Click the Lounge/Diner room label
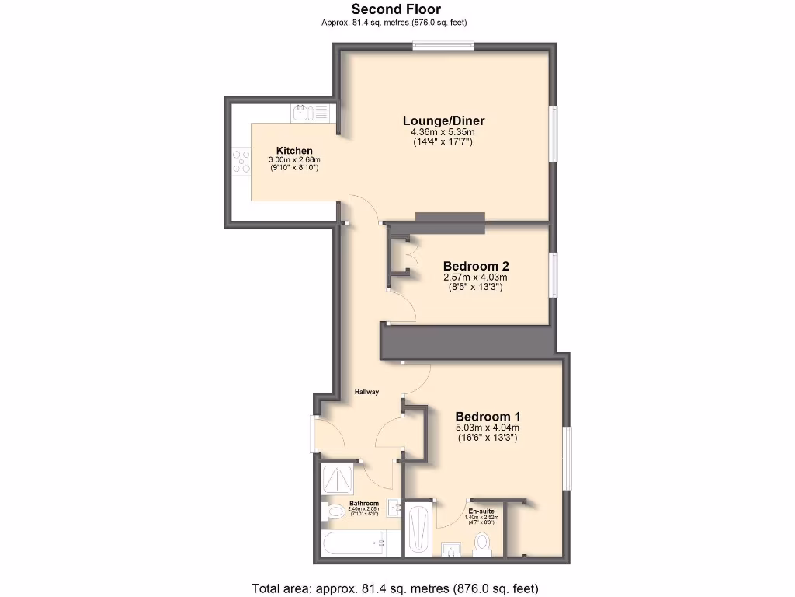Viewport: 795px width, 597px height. tap(443, 120)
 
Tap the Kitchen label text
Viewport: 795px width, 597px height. tap(294, 151)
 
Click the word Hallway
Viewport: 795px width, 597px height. tap(366, 392)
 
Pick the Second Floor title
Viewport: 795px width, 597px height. tap(396, 9)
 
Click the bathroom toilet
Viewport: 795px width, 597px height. tap(335, 511)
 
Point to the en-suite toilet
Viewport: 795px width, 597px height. tap(484, 542)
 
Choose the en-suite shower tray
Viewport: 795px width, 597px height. tap(419, 529)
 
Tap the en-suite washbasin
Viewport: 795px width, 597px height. tap(450, 550)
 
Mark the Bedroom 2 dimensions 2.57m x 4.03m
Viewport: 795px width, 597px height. tap(475, 278)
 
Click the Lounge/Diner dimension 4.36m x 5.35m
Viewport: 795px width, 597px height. tap(443, 132)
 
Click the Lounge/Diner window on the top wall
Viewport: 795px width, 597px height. tap(443, 45)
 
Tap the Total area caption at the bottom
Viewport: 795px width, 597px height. tap(394, 588)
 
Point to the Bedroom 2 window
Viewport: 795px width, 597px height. tap(554, 274)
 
